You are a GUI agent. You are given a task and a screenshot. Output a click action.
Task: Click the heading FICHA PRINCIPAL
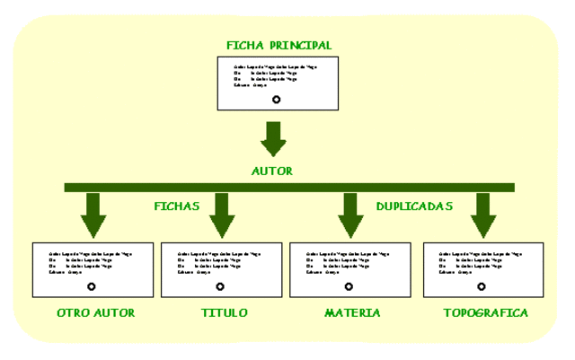coord(279,45)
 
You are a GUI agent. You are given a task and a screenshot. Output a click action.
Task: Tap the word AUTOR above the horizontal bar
coord(272,171)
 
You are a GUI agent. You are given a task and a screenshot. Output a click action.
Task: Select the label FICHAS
coord(177,206)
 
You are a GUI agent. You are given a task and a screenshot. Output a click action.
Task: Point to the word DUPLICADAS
coord(414,206)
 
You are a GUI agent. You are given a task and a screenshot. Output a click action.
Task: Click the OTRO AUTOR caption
coord(95,313)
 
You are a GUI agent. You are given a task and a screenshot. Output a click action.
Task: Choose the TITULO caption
coord(225,313)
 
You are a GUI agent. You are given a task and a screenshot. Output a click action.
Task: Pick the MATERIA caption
coord(352,313)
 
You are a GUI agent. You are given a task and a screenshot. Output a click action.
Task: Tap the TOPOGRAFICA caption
coord(485,313)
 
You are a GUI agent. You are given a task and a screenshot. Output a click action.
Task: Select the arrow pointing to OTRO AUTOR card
coord(93,215)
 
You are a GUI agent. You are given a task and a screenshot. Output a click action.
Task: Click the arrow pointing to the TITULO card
coord(221,215)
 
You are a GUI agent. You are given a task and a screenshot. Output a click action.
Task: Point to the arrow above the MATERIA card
coord(349,215)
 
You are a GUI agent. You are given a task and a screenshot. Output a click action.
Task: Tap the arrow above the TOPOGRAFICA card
coord(483,215)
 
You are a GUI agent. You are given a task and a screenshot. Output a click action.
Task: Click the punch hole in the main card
coord(276,100)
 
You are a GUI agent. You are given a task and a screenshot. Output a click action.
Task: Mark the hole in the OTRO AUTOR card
coord(92,286)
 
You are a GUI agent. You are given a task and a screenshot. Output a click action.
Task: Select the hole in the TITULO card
coord(220,286)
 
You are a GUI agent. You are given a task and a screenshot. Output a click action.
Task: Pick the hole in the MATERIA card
coord(349,286)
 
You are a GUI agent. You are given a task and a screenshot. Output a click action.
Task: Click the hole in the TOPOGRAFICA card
coord(482,286)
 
